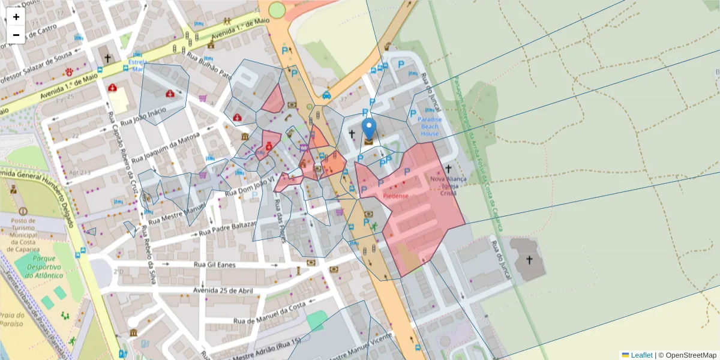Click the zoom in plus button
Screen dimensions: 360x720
click(16, 17)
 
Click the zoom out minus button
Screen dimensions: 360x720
click(16, 35)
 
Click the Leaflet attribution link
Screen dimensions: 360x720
click(641, 355)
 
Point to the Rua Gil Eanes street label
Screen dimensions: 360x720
click(214, 264)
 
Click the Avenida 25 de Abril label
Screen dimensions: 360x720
click(223, 290)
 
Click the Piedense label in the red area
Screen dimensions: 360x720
click(395, 196)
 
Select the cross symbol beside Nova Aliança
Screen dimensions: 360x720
click(449, 169)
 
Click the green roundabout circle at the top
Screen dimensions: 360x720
click(277, 10)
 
